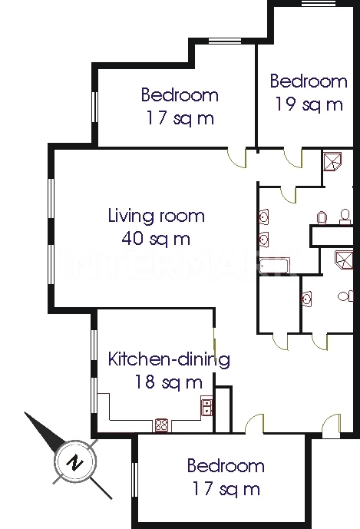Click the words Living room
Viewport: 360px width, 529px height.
pos(157,216)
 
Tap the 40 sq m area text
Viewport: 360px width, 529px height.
pos(156,239)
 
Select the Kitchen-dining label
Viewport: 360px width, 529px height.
pos(169,359)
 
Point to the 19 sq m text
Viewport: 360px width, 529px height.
pos(309,104)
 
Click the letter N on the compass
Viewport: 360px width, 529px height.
pos(75,462)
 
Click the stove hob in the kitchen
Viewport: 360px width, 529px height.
pos(162,425)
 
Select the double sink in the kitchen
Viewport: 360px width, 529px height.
pos(206,406)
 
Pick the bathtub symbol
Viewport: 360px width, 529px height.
pos(275,266)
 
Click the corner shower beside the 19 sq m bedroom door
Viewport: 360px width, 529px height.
pos(332,162)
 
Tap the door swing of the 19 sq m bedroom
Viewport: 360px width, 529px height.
pos(292,158)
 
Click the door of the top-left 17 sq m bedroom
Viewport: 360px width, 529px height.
pos(237,157)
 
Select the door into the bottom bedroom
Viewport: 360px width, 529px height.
pos(254,423)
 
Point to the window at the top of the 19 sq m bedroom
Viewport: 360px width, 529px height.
pos(319,3)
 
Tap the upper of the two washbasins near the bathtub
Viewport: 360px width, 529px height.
pos(264,217)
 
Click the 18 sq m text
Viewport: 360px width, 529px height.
pos(169,382)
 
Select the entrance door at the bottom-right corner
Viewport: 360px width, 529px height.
pos(332,426)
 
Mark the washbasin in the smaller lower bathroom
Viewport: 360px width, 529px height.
pos(306,299)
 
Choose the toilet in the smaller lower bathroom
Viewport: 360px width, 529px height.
pos(345,296)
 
